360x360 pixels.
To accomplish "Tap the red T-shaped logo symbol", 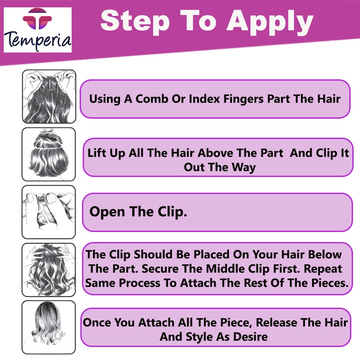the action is [x=37, y=19].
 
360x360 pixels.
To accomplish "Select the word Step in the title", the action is [x=135, y=21].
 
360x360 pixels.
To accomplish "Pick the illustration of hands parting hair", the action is [x=49, y=96].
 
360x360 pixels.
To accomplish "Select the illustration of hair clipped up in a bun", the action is [x=49, y=154].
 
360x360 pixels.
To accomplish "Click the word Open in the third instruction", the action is [x=107, y=212].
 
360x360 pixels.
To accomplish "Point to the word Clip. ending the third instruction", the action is [x=172, y=211].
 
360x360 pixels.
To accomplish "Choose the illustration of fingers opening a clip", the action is [x=49, y=212].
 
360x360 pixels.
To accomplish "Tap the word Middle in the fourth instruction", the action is [x=225, y=269].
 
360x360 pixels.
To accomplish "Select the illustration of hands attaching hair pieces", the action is [x=49, y=270].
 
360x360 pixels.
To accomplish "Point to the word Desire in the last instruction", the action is [x=250, y=337].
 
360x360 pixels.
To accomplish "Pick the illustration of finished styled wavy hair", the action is [x=49, y=327].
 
